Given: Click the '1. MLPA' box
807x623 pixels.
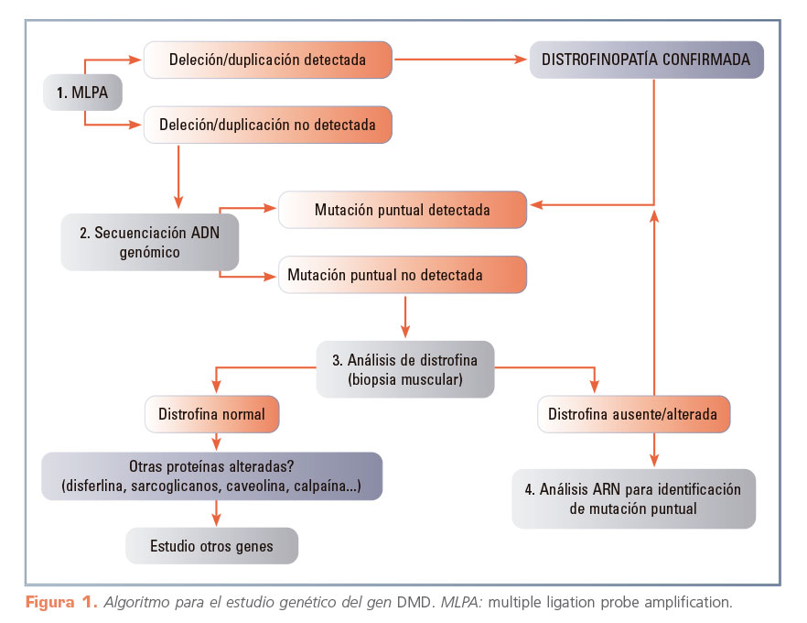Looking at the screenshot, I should coord(83,93).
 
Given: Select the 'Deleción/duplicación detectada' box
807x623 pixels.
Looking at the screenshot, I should coord(267,60).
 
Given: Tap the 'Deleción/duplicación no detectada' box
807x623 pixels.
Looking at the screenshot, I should coord(267,125).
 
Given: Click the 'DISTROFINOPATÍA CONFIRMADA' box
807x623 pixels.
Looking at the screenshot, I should coord(646,60).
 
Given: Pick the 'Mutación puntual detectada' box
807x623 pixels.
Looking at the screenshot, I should coord(402,210).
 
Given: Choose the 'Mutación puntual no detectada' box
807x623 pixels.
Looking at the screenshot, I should coord(402,275).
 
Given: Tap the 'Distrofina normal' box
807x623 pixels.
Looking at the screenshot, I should coord(211,414).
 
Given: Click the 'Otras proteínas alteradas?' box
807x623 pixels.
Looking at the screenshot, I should coord(211,475).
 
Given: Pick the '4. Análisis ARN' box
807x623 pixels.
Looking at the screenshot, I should coord(633,498).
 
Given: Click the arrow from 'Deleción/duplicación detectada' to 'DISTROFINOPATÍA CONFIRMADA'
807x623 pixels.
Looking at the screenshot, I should coord(461,60).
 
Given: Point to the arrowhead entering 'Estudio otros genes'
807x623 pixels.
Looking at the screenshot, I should coord(216,520).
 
